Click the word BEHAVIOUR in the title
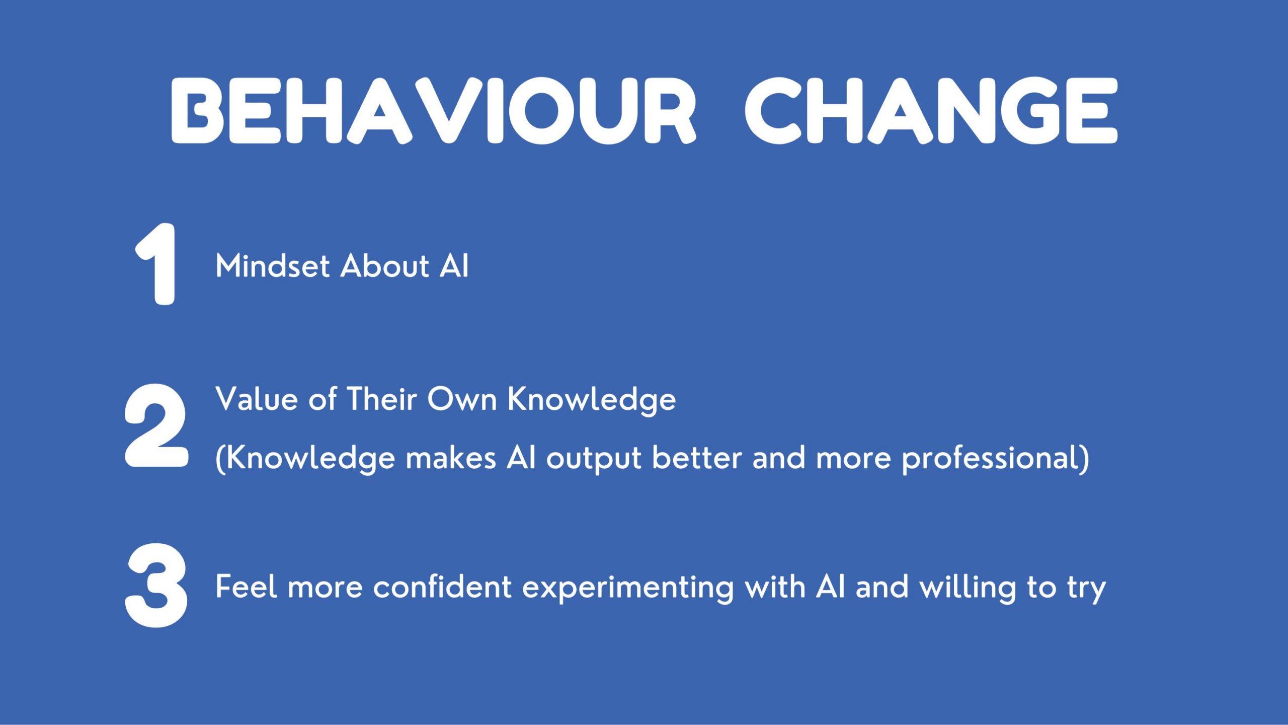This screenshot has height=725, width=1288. tap(434, 111)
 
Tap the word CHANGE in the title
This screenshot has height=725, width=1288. tap(931, 111)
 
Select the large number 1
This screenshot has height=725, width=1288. tap(156, 264)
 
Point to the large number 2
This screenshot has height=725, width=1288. tap(156, 425)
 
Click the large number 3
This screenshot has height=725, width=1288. tap(156, 586)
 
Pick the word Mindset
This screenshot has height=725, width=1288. tap(273, 266)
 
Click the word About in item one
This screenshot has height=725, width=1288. tap(385, 266)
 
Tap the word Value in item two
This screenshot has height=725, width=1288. tap(257, 399)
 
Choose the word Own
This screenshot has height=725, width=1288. tap(462, 399)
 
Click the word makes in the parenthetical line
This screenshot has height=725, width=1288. tap(451, 458)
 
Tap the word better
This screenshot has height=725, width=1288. tap(697, 458)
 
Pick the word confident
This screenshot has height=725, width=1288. tap(442, 587)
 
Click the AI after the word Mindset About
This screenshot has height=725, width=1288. tap(454, 266)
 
